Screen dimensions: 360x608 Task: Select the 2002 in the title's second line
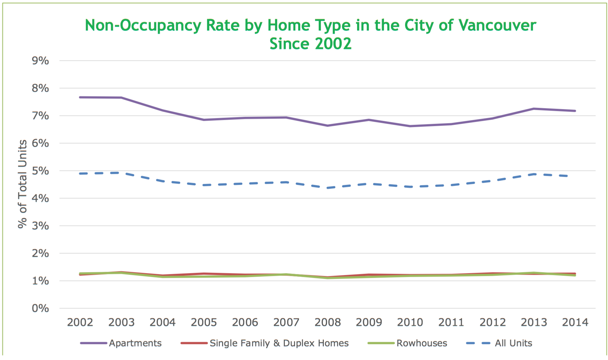[x=333, y=44]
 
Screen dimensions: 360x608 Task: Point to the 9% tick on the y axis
[x=40, y=61]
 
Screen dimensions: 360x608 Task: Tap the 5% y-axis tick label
[x=40, y=171]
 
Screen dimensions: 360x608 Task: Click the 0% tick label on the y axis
[x=40, y=309]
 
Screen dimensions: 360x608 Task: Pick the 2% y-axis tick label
[x=40, y=254]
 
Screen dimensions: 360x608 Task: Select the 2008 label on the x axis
[x=328, y=322]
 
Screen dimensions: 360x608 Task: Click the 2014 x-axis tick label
[x=575, y=322]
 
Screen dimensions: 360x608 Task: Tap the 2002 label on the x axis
[x=80, y=322]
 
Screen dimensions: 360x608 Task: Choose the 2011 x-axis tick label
[x=451, y=322]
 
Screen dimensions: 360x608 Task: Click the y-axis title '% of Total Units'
[x=22, y=184]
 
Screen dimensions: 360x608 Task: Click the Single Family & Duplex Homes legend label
[x=279, y=343]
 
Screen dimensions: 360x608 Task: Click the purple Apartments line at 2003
[x=121, y=98]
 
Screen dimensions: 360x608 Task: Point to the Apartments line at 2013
[x=534, y=109]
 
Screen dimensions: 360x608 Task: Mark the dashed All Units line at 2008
[x=328, y=188]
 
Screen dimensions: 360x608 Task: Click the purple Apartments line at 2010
[x=410, y=126]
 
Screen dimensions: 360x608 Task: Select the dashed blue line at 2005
[x=204, y=185]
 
